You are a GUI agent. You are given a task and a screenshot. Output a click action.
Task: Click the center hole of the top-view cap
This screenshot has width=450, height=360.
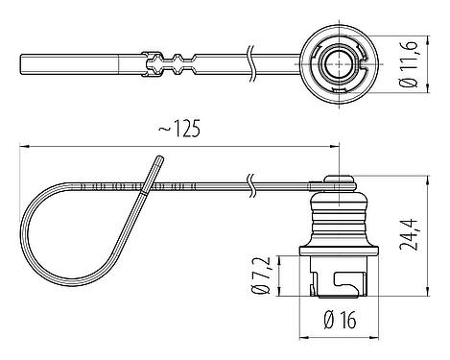(338, 65)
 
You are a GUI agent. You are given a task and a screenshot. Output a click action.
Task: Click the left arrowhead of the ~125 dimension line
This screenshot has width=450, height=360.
(24, 146)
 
